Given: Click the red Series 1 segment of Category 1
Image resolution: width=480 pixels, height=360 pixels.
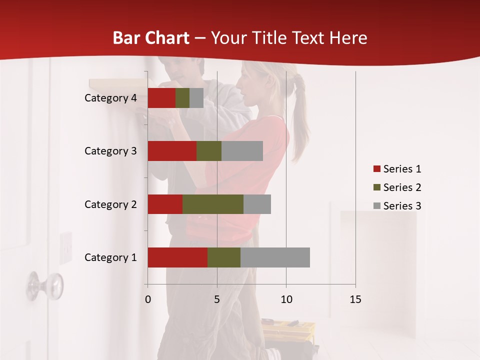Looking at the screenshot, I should point(177,257).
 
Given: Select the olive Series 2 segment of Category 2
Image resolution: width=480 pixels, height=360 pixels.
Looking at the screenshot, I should point(213,204).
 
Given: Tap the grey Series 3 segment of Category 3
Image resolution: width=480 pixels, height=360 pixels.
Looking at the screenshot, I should point(242,151).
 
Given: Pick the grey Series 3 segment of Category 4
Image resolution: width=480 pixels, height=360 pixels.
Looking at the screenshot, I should point(196,98).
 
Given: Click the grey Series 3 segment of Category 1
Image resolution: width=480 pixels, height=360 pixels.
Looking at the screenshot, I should point(275,257).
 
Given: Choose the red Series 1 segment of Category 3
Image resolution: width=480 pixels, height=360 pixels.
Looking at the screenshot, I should point(172,151).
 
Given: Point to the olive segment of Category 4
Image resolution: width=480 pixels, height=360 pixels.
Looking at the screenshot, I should point(182,98).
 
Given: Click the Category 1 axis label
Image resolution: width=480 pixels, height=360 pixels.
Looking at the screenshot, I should point(110,257).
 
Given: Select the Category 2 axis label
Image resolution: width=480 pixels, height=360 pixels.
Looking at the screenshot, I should point(110,204).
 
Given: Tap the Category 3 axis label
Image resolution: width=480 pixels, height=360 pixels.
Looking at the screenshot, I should point(110,151).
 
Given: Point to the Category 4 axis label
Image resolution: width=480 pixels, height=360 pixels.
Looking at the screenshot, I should point(110,98).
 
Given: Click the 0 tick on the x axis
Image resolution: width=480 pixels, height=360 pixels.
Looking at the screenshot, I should point(148,299).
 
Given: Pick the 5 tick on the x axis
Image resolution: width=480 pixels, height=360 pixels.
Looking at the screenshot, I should point(217,299).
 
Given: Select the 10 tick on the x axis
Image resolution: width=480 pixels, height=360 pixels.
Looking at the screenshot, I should point(286,299).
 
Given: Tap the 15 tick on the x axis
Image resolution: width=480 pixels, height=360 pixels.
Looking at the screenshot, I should point(355,299).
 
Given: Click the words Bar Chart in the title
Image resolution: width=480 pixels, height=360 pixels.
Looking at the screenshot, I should point(150,38).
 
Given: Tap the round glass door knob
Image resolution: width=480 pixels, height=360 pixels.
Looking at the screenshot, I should point(48,285).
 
